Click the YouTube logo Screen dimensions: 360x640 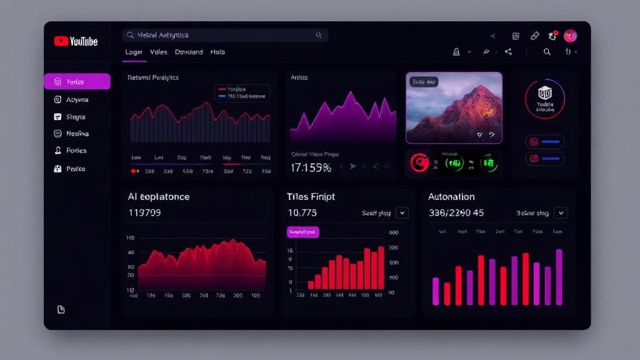coord(76,41)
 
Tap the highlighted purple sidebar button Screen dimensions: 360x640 coord(77,81)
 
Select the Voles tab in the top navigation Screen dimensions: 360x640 coord(159,52)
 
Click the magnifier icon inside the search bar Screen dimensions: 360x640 coord(319,36)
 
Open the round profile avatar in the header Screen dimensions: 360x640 coord(570,36)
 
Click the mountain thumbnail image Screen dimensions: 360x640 coord(454,107)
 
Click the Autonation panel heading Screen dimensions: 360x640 coord(451,197)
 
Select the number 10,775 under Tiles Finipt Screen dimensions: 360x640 coord(302,212)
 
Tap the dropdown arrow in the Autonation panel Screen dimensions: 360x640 coord(561,213)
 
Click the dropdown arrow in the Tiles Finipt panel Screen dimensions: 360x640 coord(402,213)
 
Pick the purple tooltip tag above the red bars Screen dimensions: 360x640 coord(303,232)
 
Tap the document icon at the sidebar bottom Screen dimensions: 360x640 coord(61,309)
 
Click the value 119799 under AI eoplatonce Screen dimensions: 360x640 coord(144,212)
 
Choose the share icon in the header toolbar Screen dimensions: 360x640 coord(508,52)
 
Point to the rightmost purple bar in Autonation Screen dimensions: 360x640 coord(559,277)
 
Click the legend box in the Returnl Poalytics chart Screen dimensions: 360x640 coord(242,93)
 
